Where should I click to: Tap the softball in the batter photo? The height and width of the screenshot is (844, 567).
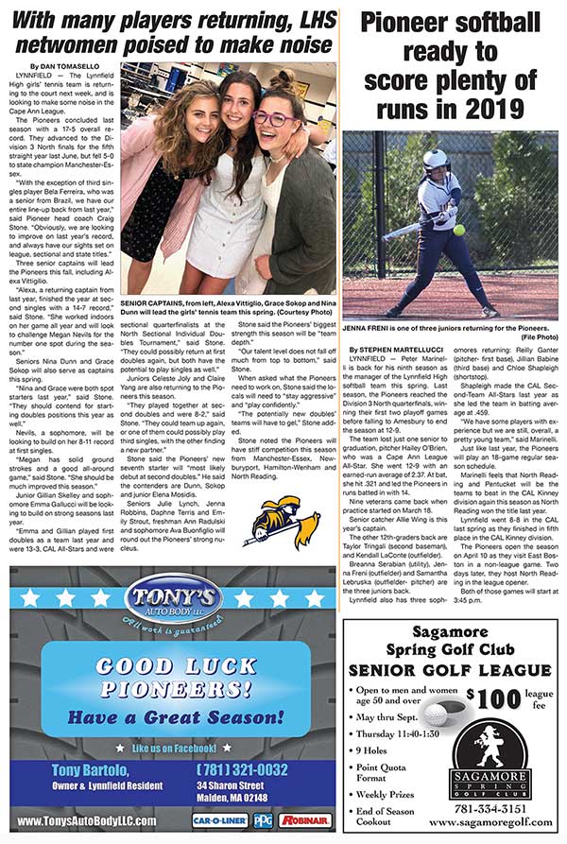tap(458, 230)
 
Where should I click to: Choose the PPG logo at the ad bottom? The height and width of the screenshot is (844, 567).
tap(262, 820)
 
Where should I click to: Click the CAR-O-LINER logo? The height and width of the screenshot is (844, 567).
tap(220, 820)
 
